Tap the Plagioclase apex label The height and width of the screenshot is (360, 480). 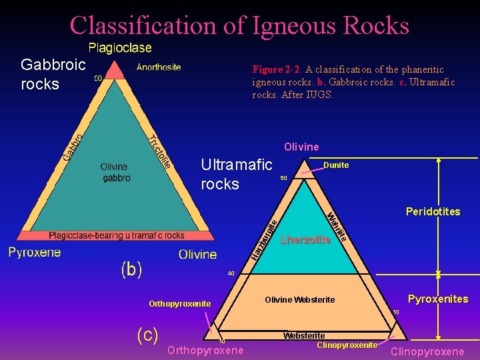click(x=120, y=48)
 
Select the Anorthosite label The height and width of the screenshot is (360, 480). click(x=159, y=67)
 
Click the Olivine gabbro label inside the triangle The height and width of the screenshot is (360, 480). click(x=116, y=173)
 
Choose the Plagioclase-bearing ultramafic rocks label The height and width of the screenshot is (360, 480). click(x=117, y=235)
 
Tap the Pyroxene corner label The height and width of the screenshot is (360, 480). click(x=34, y=252)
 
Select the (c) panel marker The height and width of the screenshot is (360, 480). click(x=147, y=334)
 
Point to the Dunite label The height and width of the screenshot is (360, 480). click(x=336, y=165)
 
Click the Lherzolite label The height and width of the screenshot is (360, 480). click(x=305, y=240)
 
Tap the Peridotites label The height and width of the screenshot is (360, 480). click(x=433, y=211)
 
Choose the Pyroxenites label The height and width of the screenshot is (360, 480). click(x=438, y=299)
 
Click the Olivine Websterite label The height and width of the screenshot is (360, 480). click(x=300, y=300)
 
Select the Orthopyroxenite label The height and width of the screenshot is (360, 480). click(x=179, y=304)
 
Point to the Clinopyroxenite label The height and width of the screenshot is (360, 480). click(x=347, y=345)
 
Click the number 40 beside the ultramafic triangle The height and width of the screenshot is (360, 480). click(x=231, y=273)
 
